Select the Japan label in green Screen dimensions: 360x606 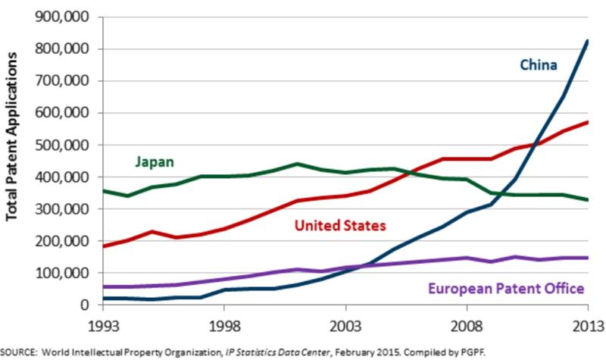(x=155, y=161)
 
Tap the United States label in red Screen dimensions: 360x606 (x=339, y=226)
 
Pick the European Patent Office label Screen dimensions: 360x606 (x=506, y=288)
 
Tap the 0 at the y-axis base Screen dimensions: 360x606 (x=86, y=305)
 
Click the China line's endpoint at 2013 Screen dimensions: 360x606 (x=587, y=41)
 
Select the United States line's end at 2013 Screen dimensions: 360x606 (x=587, y=122)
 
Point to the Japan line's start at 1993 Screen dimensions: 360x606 (x=103, y=190)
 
